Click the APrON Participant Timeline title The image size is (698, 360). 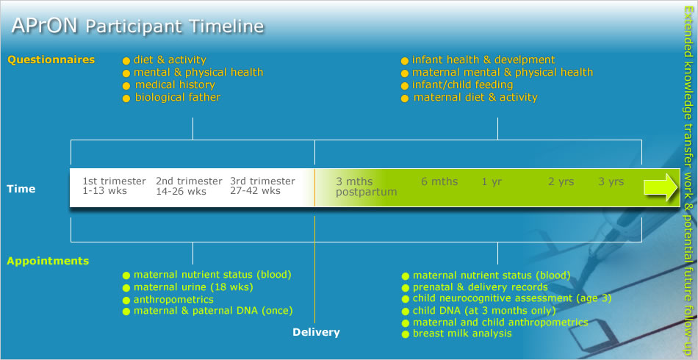[x=137, y=26]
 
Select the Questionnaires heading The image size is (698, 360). [x=51, y=60]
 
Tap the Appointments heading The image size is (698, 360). [x=48, y=261]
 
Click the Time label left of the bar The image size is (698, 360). [x=21, y=189]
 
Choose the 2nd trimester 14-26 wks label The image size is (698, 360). [x=189, y=186]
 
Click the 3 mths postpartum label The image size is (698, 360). [x=367, y=187]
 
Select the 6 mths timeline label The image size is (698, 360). [x=439, y=181]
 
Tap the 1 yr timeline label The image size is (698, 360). [x=492, y=182]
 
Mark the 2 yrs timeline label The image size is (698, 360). [x=561, y=181]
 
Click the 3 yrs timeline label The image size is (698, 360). [x=611, y=181]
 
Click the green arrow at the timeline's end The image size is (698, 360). [x=661, y=187]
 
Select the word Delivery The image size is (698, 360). [x=316, y=332]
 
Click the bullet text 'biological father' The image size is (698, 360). [x=178, y=97]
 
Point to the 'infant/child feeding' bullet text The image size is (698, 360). [x=462, y=84]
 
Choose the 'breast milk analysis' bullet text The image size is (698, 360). [x=462, y=334]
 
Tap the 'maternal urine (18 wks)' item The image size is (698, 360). [x=193, y=287]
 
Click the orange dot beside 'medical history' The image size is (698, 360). [x=126, y=86]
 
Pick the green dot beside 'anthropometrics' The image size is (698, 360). [x=126, y=300]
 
